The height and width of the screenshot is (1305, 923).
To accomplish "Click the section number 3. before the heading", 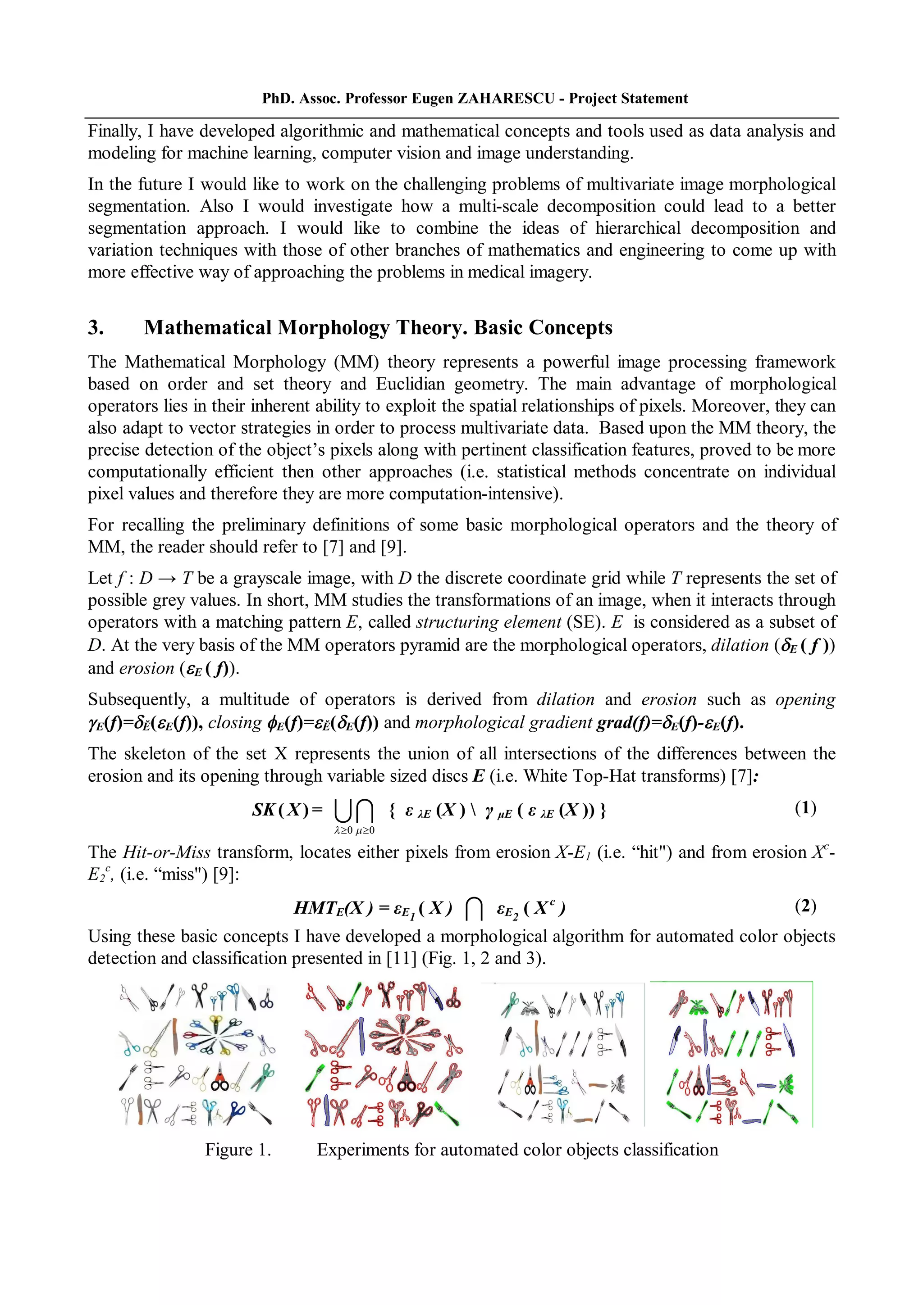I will point(96,328).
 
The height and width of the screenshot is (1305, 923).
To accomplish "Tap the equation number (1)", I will point(805,808).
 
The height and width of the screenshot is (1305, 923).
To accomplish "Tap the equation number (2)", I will point(805,906).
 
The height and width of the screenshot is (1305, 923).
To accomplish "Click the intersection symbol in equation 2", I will point(474,909).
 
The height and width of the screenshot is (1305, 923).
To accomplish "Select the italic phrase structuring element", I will point(489,622).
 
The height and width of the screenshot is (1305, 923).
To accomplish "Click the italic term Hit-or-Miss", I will point(166,852).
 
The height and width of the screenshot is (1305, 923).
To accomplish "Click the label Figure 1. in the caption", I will point(238,1149).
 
